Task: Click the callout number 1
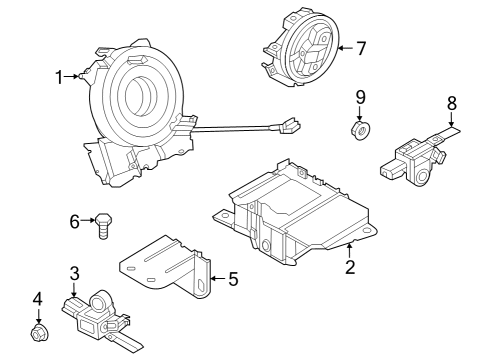[59, 76]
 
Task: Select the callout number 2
[349, 267]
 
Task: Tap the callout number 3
[74, 274]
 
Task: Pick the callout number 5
[233, 279]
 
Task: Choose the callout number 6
[74, 221]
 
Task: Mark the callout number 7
[361, 47]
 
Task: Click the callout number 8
[451, 102]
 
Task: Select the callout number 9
[360, 98]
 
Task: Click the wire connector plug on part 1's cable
[285, 127]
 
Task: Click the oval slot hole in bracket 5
[203, 290]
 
